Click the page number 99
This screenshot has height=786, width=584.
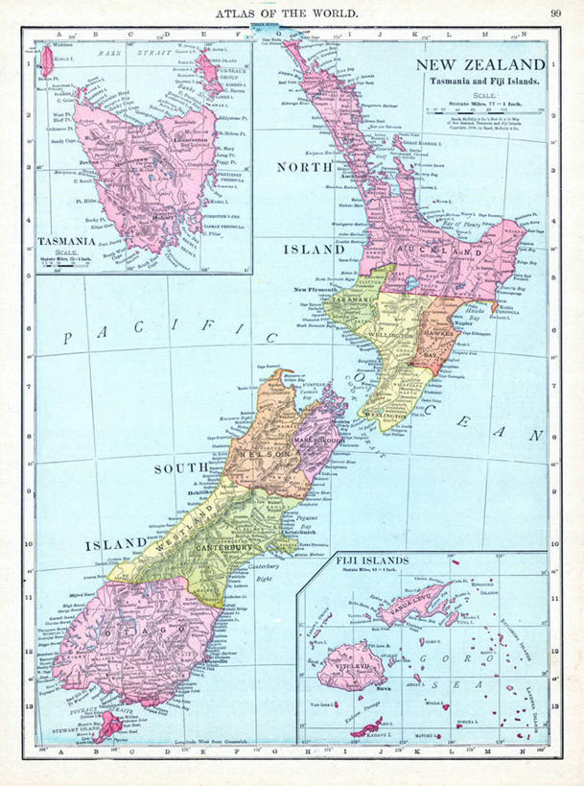tap(556, 12)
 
